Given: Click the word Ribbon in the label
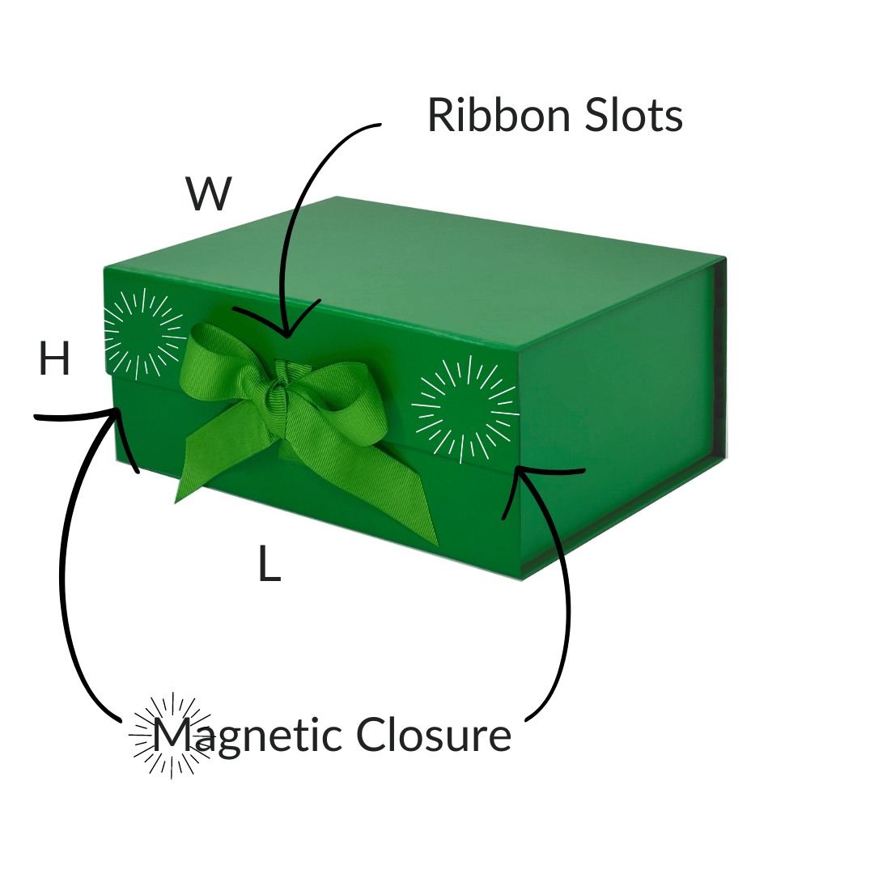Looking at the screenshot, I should [x=490, y=116].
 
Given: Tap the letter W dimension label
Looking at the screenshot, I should [x=209, y=195].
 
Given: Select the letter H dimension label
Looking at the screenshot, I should [x=54, y=360].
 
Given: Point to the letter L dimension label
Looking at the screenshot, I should [x=269, y=564].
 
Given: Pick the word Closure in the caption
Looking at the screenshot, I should [x=434, y=735].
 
